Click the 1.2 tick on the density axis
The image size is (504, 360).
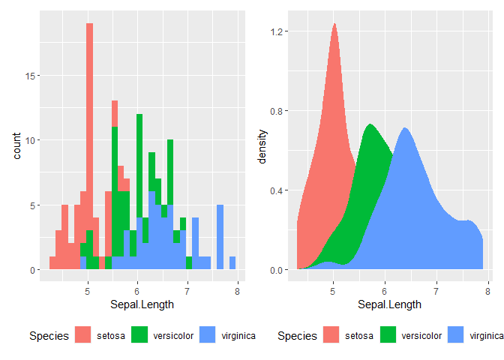tap(280, 31)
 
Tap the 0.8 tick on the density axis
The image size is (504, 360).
tap(280, 111)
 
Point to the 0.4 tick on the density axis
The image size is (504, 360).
tap(280, 190)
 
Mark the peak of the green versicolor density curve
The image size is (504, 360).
tap(370, 125)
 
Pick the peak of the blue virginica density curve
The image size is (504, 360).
tap(405, 128)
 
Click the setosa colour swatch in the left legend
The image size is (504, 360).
tap(82, 335)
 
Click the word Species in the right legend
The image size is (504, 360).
tap(296, 336)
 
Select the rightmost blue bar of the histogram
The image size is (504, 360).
tap(232, 263)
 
